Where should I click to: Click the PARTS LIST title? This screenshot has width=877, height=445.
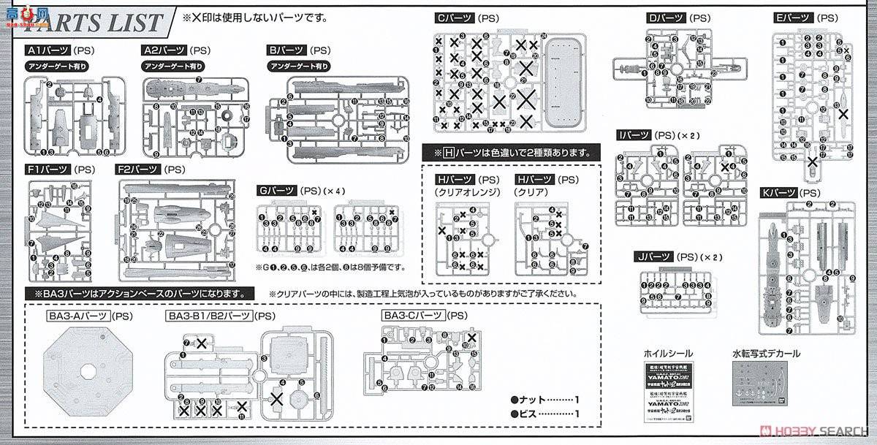pyautogui.click(x=95, y=22)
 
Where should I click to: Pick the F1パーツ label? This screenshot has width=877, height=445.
pyautogui.click(x=49, y=170)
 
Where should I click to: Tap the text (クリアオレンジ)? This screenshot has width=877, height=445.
pyautogui.click(x=466, y=191)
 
